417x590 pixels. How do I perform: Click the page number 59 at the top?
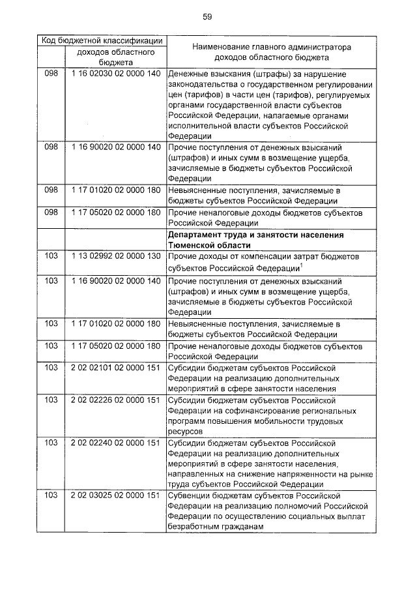(207, 16)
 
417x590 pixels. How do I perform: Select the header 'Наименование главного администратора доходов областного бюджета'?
(272, 52)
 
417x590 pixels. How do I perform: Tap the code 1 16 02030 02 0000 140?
(115, 74)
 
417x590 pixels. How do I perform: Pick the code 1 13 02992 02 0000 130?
(115, 256)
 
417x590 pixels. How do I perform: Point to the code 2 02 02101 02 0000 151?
(115, 368)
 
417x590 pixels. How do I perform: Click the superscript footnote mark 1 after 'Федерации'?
(299, 264)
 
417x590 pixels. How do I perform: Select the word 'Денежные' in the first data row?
(188, 74)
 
